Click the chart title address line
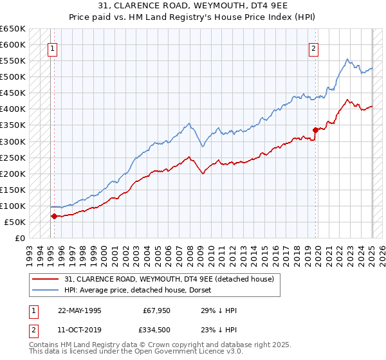pyautogui.click(x=192, y=6)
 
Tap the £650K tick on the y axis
pyautogui.click(x=14, y=29)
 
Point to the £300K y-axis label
pyautogui.click(x=14, y=141)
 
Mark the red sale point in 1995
pyautogui.click(x=54, y=216)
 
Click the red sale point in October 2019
pyautogui.click(x=315, y=130)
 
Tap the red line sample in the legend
pyautogui.click(x=46, y=279)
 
